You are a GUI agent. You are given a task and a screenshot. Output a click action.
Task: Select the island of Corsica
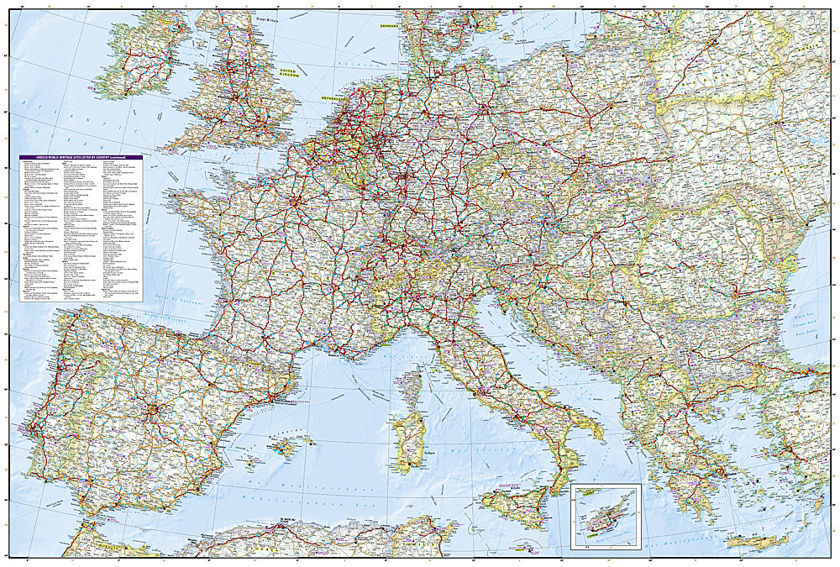(411, 386)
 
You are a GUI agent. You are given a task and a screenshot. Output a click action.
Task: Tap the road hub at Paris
(296, 202)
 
